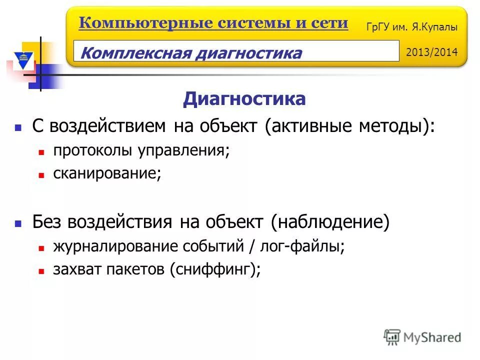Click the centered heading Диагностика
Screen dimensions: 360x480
(243, 99)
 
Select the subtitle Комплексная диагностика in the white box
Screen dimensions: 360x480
(191, 52)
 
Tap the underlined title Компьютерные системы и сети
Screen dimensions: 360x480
(213, 23)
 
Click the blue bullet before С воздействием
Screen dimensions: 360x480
(18, 127)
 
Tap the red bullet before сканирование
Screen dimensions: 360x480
(42, 175)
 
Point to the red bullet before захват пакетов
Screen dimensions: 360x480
(42, 271)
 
